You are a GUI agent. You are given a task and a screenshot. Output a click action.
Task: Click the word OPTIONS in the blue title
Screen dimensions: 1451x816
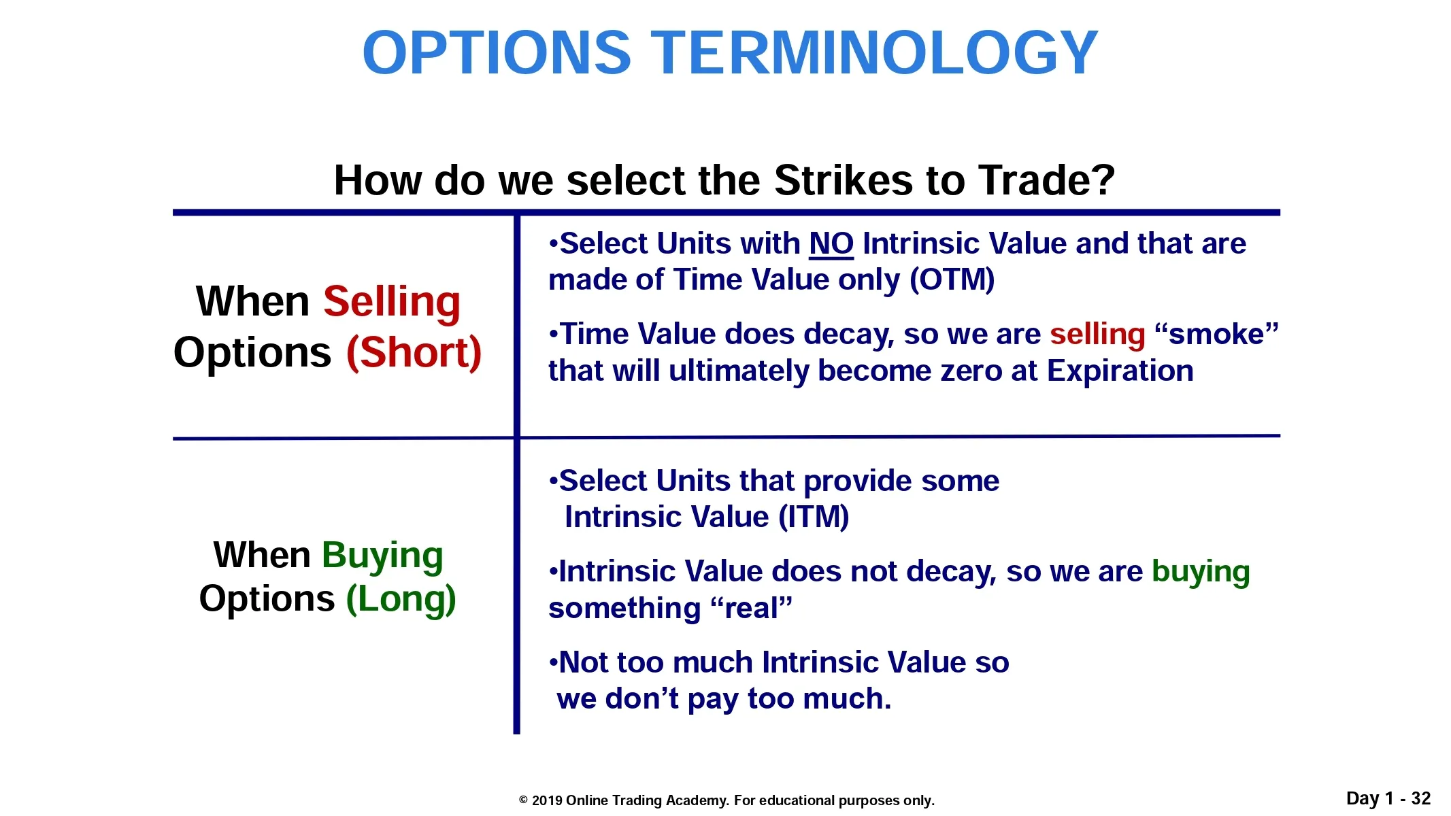[497, 52]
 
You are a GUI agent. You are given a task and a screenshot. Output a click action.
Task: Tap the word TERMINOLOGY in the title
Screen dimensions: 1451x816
[875, 52]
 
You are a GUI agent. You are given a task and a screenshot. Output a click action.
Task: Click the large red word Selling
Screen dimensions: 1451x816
[392, 302]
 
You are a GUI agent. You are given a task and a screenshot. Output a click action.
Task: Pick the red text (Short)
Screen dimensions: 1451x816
[414, 353]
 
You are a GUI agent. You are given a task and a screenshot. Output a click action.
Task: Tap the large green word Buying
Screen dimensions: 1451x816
[382, 556]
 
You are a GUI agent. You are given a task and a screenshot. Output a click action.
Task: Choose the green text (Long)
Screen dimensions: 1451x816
[401, 599]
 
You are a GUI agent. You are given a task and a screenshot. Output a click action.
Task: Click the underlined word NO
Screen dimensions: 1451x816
[831, 243]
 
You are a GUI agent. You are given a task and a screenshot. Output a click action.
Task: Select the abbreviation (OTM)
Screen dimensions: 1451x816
[952, 279]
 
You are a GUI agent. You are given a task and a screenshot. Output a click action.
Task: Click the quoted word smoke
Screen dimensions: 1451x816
[1217, 334]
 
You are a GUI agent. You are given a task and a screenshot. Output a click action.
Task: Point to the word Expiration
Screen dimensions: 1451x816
[1120, 371]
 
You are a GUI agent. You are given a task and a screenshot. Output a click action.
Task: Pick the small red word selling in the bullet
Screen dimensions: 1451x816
[1098, 335]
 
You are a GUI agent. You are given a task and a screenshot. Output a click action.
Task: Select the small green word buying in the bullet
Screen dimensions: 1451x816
[1201, 572]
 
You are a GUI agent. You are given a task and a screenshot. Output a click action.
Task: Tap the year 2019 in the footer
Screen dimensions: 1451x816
[547, 800]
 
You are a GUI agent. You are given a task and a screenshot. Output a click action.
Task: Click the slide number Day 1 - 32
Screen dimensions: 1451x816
[1388, 798]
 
